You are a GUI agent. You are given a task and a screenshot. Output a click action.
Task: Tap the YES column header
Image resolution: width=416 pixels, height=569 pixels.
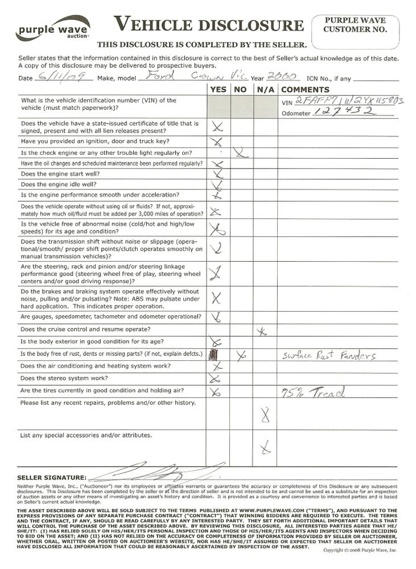[x=218, y=89]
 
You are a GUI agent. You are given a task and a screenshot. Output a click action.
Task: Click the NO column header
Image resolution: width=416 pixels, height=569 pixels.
[x=241, y=89]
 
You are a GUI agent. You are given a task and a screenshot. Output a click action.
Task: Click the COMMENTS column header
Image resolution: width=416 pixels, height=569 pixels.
[x=305, y=89]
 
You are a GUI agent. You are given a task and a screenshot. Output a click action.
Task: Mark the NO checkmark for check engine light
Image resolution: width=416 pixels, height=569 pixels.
[x=241, y=152]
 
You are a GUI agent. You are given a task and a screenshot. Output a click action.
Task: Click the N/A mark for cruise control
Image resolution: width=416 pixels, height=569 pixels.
[x=262, y=331]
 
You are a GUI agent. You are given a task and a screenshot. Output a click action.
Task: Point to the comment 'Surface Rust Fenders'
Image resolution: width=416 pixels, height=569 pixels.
[x=329, y=356]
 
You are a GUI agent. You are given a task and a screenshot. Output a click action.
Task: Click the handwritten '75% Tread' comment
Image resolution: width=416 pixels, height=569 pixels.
[x=315, y=392]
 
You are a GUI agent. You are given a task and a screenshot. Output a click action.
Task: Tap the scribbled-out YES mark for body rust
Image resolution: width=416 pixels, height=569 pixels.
[x=213, y=355]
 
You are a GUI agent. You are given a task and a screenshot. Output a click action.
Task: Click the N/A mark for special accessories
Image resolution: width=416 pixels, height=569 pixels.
[x=264, y=449]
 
